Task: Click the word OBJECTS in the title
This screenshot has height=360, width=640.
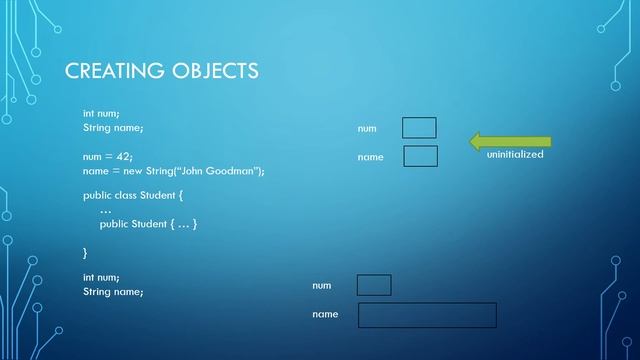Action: click(x=211, y=70)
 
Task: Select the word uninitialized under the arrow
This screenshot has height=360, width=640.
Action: click(x=515, y=156)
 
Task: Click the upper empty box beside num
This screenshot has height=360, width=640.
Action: click(x=419, y=128)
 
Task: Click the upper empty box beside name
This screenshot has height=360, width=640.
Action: click(x=420, y=156)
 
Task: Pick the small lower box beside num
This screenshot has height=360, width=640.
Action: click(x=374, y=285)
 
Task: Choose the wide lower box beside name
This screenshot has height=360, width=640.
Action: click(x=427, y=315)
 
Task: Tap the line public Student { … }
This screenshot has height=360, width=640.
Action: click(x=148, y=224)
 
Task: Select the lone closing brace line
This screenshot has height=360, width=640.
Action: click(x=85, y=252)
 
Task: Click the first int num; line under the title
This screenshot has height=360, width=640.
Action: click(x=101, y=113)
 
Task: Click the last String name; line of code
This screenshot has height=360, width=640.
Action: click(x=113, y=291)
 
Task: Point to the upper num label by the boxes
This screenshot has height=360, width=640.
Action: click(x=367, y=129)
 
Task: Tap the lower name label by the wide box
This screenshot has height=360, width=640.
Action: click(x=325, y=315)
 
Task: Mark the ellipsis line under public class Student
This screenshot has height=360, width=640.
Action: click(x=106, y=210)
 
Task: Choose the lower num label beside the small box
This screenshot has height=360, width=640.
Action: click(x=321, y=286)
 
